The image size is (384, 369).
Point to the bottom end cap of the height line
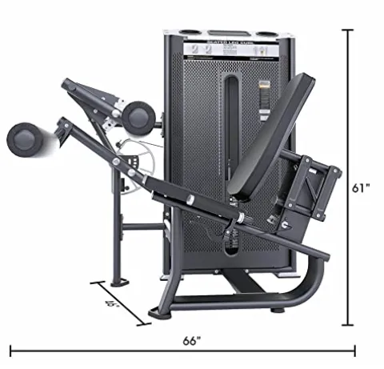pyautogui.click(x=347, y=325)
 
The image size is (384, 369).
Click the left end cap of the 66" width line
pyautogui.click(x=10, y=350)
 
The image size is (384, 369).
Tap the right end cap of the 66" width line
pyautogui.click(x=355, y=350)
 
